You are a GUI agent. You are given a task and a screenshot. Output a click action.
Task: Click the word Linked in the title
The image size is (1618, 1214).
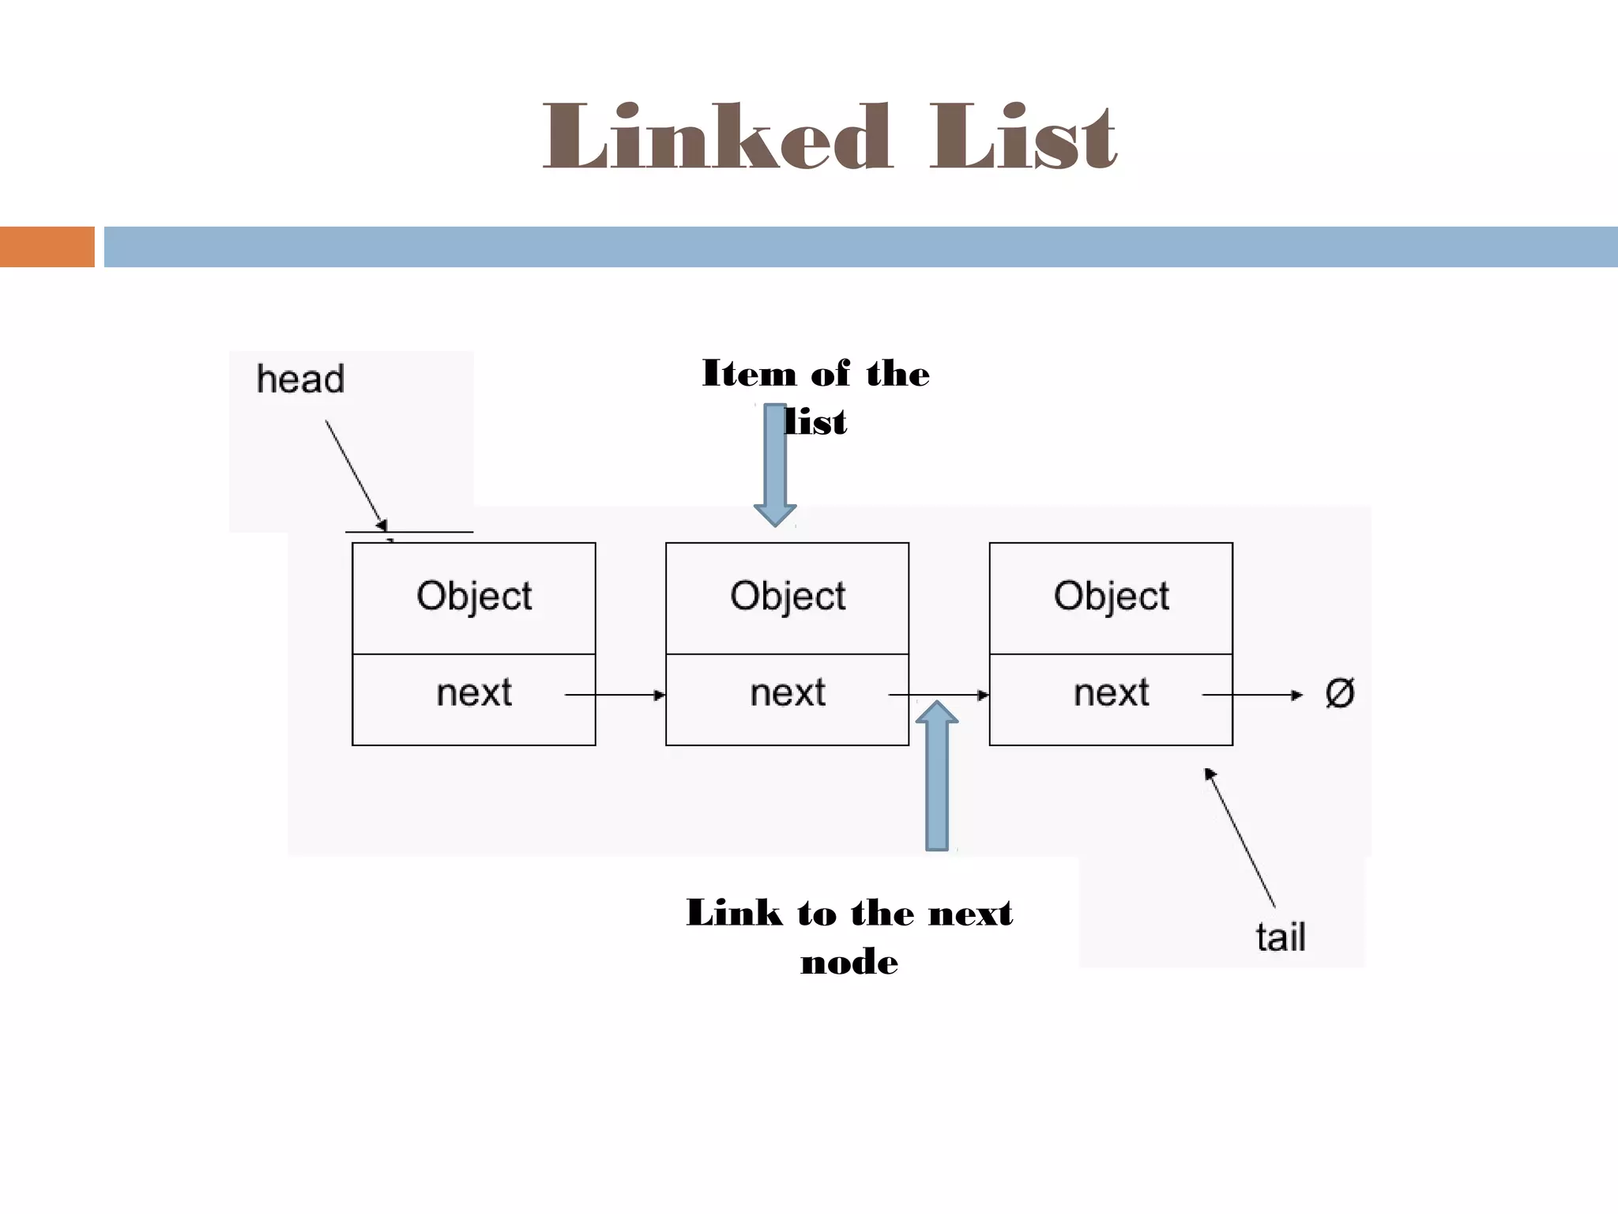tap(717, 138)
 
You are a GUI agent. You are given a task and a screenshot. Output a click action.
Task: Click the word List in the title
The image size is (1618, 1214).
tap(1022, 138)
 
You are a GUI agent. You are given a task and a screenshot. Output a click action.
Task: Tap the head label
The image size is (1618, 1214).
tap(300, 379)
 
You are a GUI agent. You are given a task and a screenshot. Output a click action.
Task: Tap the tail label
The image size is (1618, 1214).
tap(1280, 937)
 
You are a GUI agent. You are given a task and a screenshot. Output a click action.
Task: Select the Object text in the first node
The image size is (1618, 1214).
tap(474, 596)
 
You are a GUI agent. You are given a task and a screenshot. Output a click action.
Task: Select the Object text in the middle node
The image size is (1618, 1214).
tap(788, 596)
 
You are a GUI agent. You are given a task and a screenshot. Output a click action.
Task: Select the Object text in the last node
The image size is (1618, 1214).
tap(1111, 596)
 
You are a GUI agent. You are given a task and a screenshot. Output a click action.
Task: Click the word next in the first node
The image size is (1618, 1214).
tap(474, 693)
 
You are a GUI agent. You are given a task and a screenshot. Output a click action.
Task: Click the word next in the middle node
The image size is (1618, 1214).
tap(788, 693)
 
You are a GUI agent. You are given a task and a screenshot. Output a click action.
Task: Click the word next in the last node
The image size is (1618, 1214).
tap(1111, 693)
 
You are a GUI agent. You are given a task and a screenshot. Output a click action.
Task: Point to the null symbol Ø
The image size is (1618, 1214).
tap(1339, 693)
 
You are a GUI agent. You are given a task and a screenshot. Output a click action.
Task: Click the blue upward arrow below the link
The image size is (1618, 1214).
tap(937, 775)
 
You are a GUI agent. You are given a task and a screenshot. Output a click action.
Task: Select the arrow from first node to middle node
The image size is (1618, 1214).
tap(615, 696)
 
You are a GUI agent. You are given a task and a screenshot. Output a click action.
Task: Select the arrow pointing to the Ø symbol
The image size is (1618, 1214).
tap(1252, 696)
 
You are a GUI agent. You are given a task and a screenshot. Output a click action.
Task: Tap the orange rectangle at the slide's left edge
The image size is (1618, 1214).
tap(47, 247)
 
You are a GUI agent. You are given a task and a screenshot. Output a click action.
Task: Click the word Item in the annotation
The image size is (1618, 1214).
tap(749, 373)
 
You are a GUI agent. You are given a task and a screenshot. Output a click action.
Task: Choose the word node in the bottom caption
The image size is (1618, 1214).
tap(849, 962)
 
